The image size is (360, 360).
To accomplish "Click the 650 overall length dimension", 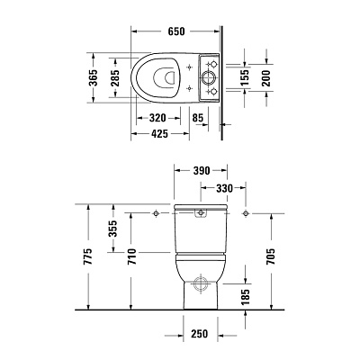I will coord(175,31).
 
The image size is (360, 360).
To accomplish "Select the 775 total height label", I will coord(88,261).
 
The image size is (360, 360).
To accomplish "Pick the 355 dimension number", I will coord(112,233).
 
